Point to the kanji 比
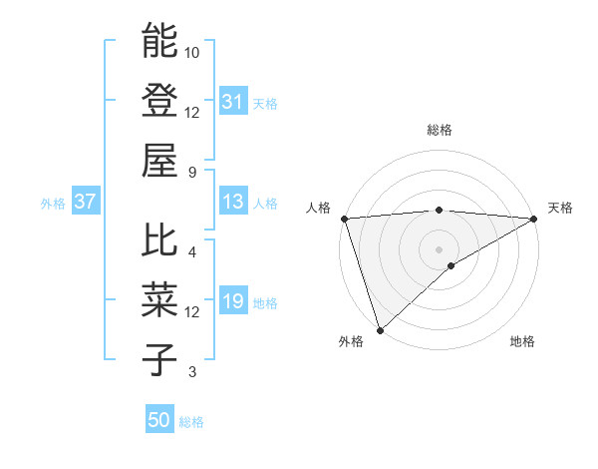(x=159, y=240)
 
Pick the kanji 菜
(x=159, y=299)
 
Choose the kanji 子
(x=159, y=358)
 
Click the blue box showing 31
(x=232, y=102)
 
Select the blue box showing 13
(x=232, y=202)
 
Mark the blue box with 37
(x=85, y=202)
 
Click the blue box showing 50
(x=159, y=420)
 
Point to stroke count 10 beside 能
(x=192, y=52)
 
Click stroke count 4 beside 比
(x=192, y=251)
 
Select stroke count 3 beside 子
(x=192, y=372)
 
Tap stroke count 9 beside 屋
(x=192, y=171)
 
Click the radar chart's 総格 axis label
(x=439, y=130)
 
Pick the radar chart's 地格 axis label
(x=522, y=342)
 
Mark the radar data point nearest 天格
(x=534, y=219)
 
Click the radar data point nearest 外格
(x=380, y=329)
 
